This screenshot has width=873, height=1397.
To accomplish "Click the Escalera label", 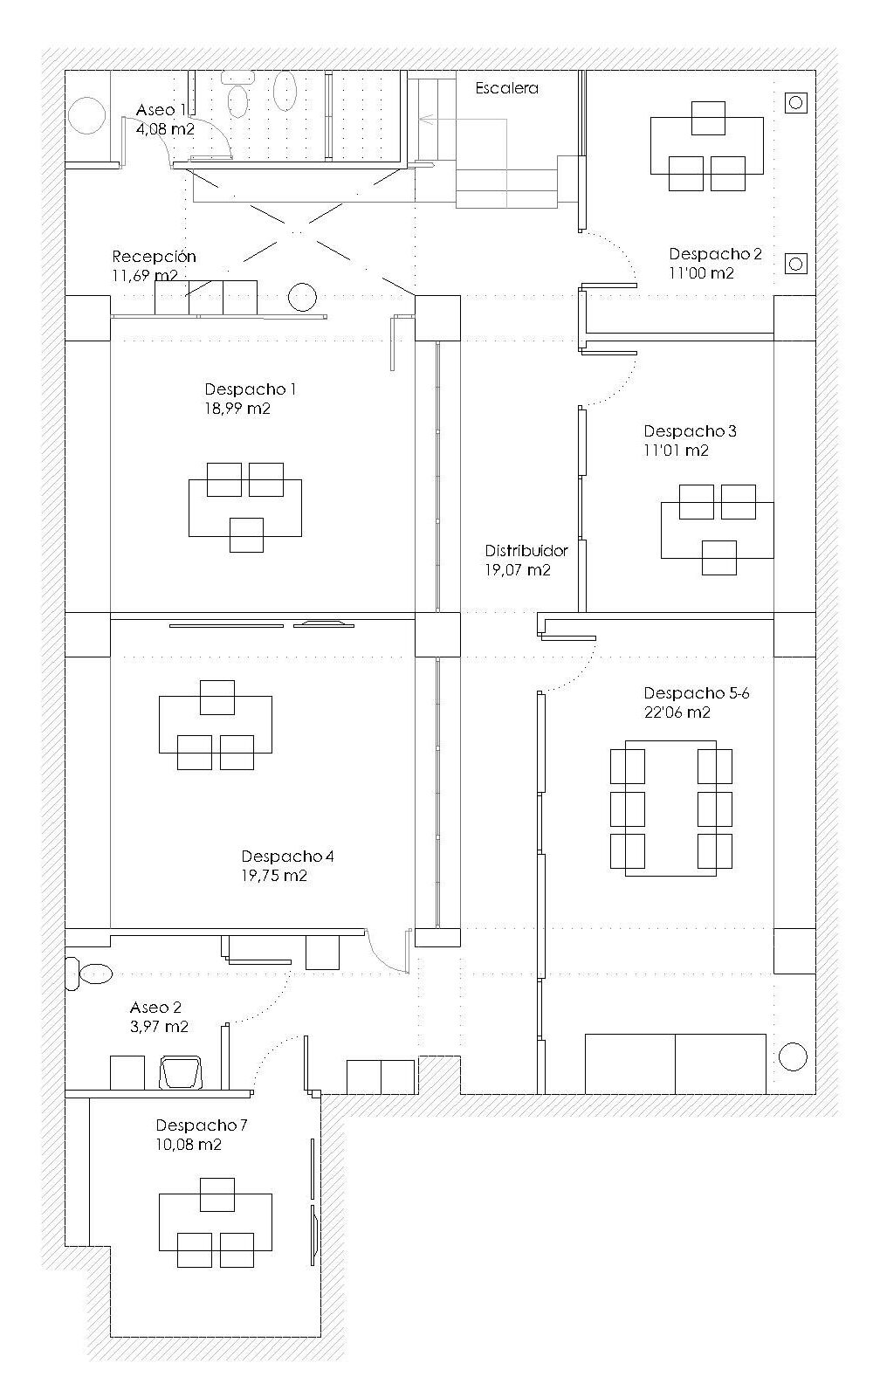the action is (x=506, y=88).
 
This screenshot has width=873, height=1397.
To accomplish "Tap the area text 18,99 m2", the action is (x=237, y=409).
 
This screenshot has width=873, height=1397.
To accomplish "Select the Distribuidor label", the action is (x=526, y=551).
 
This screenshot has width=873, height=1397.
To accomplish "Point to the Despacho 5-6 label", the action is (x=697, y=693).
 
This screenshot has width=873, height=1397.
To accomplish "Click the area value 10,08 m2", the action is (x=189, y=1145).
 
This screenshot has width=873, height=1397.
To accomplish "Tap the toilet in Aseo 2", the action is (x=88, y=974).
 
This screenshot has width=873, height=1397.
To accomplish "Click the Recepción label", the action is (x=154, y=257).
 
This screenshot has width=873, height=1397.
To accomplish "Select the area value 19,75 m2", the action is (x=274, y=876).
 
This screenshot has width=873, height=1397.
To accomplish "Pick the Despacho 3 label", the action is (x=690, y=431).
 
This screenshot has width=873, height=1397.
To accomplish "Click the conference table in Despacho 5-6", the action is (x=671, y=809).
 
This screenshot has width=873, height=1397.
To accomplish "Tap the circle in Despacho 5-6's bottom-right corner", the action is (x=793, y=1057).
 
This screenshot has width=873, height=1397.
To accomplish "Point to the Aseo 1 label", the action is (x=161, y=110).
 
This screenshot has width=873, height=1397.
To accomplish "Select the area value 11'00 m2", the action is (x=702, y=272).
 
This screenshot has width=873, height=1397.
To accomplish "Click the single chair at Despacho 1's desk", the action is (x=246, y=534).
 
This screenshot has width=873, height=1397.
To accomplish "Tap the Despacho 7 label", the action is (x=202, y=1125).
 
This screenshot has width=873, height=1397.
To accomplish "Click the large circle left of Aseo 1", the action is (x=86, y=117).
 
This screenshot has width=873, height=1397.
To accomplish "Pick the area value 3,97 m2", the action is (x=159, y=1027).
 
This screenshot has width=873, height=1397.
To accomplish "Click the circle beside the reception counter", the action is (x=302, y=297).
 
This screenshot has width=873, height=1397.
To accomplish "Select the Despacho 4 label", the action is (x=287, y=857).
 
